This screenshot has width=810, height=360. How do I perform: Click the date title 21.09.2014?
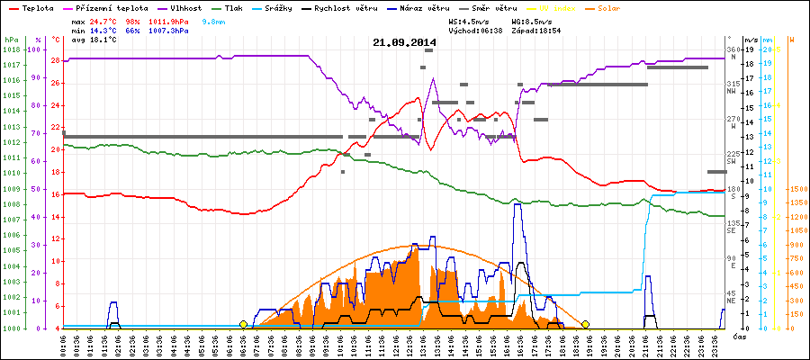pyautogui.click(x=404, y=42)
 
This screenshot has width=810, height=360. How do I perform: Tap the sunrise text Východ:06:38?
pyautogui.click(x=476, y=31)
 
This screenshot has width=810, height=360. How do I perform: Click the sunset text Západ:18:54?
pyautogui.click(x=536, y=31)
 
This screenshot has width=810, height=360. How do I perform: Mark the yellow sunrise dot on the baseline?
pyautogui.click(x=244, y=324)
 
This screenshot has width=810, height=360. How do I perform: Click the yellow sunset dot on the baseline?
pyautogui.click(x=586, y=324)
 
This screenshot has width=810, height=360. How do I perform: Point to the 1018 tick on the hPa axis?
pyautogui.click(x=11, y=49)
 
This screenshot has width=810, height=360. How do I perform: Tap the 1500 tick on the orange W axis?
pyautogui.click(x=796, y=189)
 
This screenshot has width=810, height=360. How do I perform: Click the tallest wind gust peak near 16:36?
pyautogui.click(x=517, y=205)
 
